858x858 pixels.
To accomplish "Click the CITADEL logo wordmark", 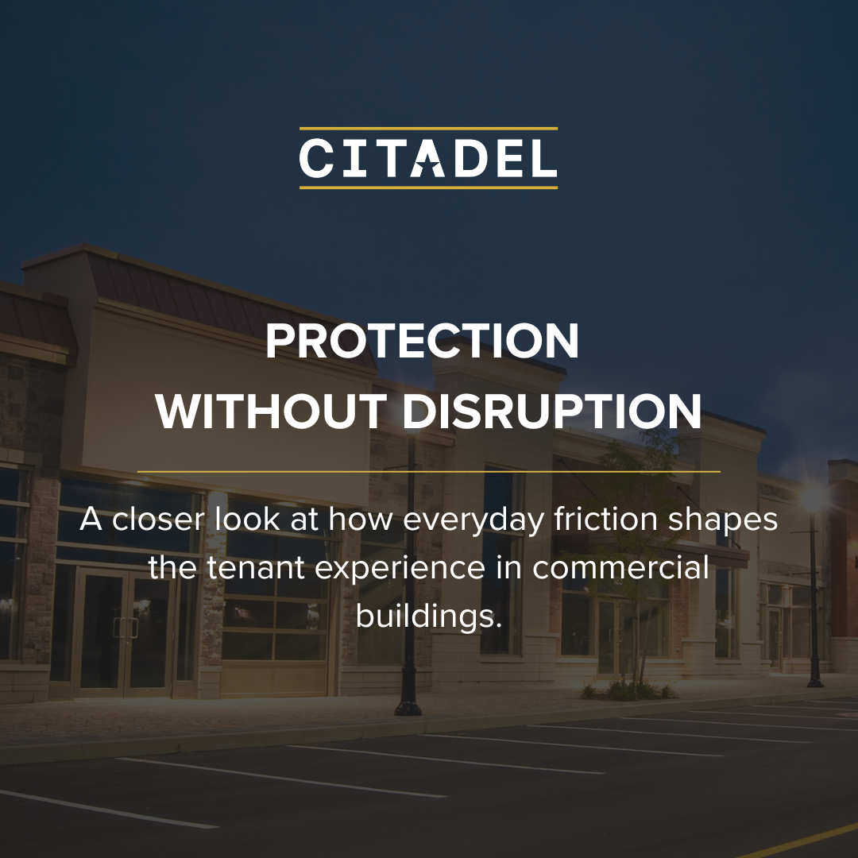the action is coord(428,158).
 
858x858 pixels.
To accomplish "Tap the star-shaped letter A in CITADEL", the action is coord(427,158).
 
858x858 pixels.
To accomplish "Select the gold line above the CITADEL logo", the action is coord(428,129).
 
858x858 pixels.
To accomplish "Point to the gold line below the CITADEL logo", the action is coord(428,187).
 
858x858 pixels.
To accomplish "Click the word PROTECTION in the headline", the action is coord(422,341).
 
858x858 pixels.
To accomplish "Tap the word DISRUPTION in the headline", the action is coord(551,412).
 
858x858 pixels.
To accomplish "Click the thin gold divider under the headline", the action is coord(428,471).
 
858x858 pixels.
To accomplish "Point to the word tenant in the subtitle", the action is coord(256,568).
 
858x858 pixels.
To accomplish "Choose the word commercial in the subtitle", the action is coord(620,567).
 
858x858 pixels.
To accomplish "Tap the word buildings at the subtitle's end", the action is coord(429,617).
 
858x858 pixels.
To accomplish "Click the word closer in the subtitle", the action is coord(158,519).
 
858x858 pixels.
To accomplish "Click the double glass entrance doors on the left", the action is coord(126,632).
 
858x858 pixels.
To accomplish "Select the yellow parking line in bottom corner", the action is coord(799,841).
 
